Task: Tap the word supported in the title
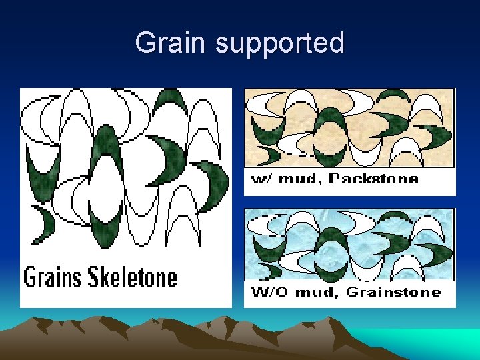click(280, 44)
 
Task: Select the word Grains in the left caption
click(54, 276)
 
